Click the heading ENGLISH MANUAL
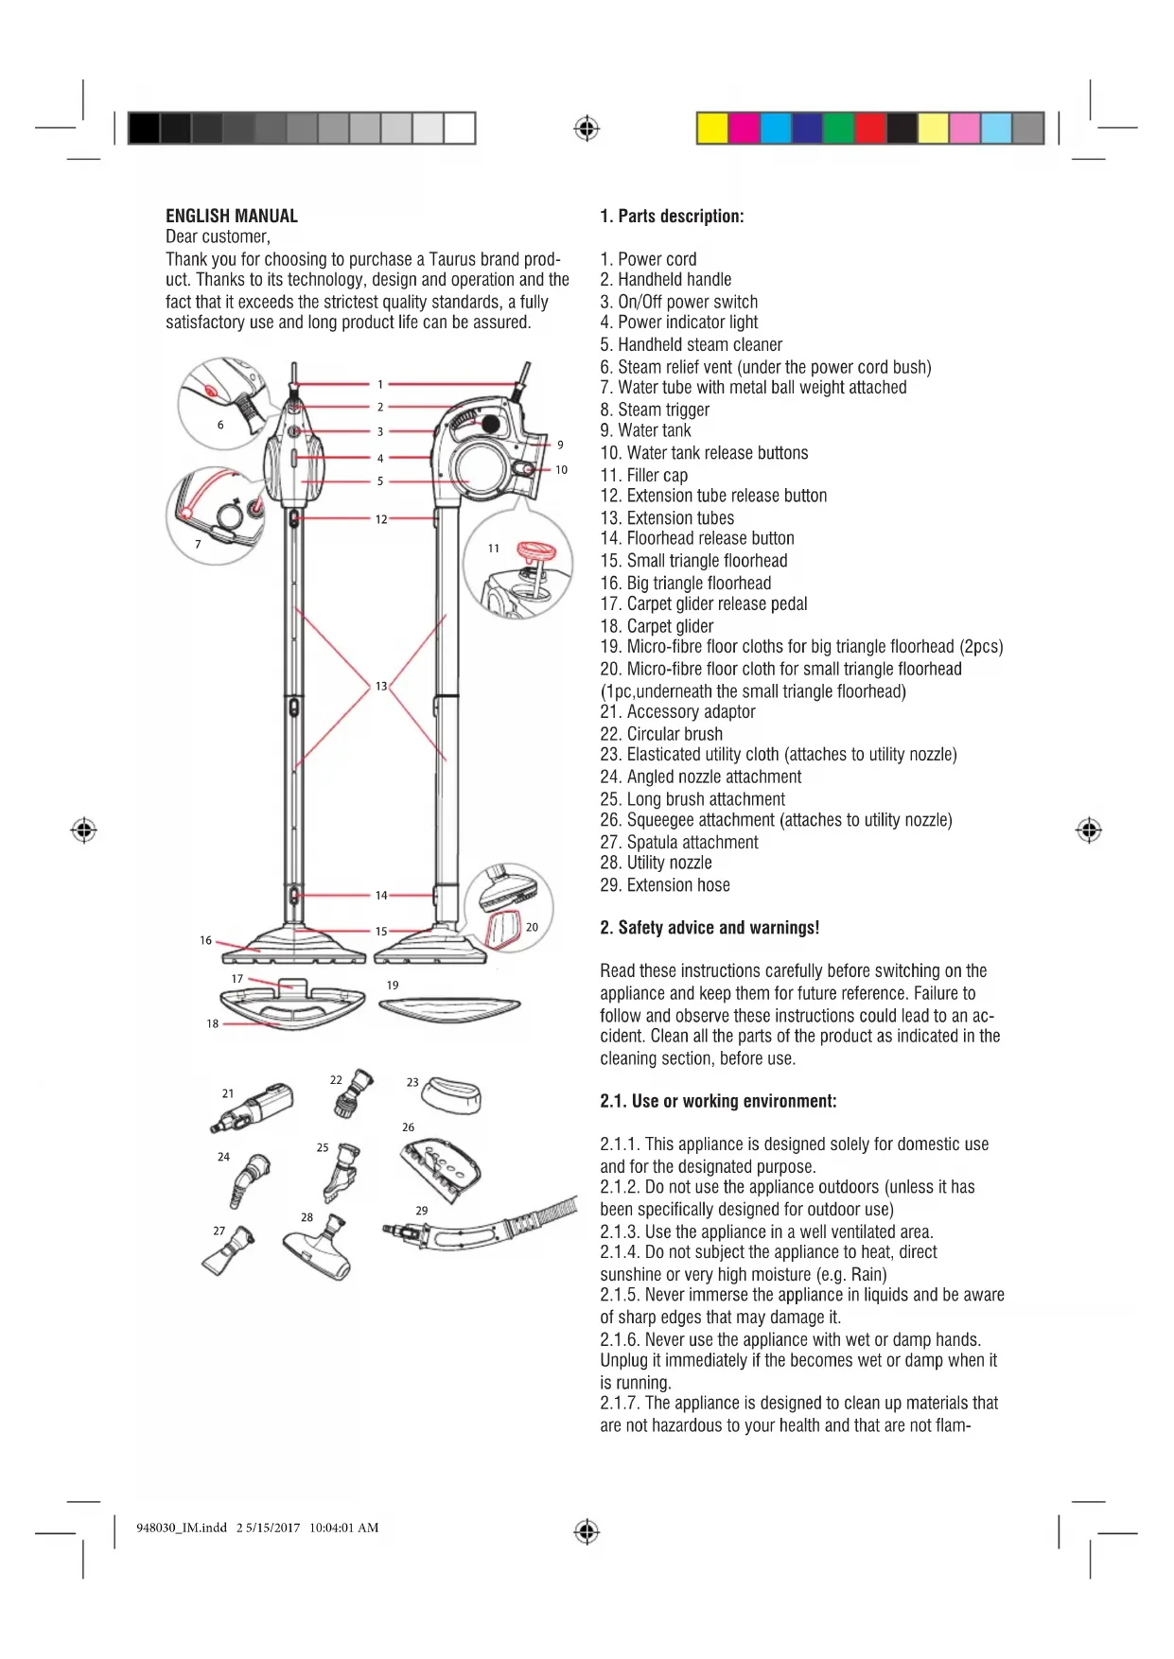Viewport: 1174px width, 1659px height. (232, 216)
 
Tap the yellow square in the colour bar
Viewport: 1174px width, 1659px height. (712, 128)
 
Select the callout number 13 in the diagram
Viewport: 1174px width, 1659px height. (381, 686)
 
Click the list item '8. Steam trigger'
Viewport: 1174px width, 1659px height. (654, 410)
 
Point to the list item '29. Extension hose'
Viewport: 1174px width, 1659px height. (664, 885)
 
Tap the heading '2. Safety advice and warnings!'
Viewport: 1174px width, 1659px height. (710, 928)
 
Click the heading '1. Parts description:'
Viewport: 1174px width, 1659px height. (672, 216)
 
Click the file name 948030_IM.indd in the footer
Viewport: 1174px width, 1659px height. (182, 1528)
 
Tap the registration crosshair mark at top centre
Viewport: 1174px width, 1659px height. (587, 128)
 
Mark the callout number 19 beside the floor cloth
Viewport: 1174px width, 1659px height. (393, 985)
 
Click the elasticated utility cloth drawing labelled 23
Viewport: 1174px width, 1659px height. (452, 1097)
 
